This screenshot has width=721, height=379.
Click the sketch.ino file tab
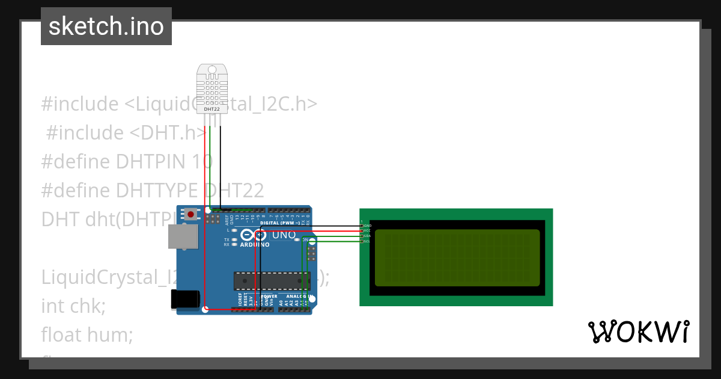(x=106, y=26)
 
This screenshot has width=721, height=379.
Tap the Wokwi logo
(x=638, y=331)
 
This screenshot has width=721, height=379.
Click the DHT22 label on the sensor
(x=211, y=109)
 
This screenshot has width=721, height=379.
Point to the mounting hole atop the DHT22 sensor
(x=211, y=70)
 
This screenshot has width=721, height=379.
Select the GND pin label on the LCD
(x=368, y=226)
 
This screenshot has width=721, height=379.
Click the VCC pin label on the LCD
(x=368, y=230)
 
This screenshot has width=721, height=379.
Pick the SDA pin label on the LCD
(x=368, y=236)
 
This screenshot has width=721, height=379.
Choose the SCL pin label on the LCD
(x=368, y=241)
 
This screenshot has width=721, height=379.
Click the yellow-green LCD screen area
(x=457, y=258)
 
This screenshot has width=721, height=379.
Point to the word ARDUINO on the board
(x=255, y=245)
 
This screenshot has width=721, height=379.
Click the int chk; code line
(x=73, y=306)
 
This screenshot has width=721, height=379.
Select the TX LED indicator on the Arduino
(x=234, y=239)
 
